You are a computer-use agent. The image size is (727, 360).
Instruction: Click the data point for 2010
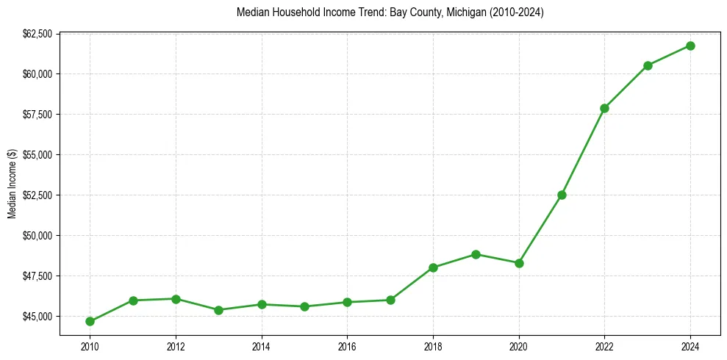[90, 321]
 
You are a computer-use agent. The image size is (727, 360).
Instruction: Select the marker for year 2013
[218, 310]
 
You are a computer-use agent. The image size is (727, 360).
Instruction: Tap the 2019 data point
[476, 254]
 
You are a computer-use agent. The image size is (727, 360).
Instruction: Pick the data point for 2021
[562, 195]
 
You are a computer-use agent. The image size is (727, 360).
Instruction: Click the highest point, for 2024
[690, 46]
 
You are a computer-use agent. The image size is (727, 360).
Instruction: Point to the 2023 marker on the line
[648, 65]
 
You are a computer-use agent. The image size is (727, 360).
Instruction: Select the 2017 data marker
[390, 300]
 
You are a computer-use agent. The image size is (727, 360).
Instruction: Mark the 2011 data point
[133, 300]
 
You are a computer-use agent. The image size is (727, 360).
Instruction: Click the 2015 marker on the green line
[304, 306]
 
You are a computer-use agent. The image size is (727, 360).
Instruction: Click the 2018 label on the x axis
[433, 346]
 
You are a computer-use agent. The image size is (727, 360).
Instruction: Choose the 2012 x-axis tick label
[175, 346]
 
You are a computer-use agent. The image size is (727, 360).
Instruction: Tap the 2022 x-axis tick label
[604, 346]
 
